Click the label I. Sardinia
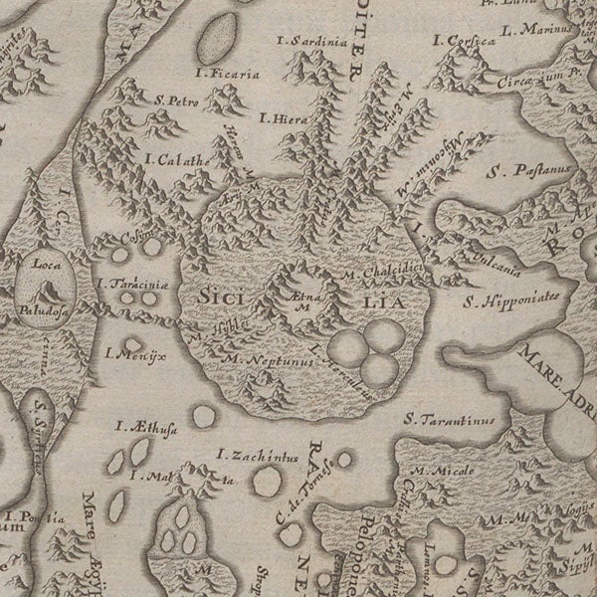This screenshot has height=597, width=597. tap(314, 43)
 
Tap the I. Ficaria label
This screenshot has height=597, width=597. tap(228, 74)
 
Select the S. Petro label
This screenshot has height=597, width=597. tap(178, 99)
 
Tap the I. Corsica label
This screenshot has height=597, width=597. tap(463, 41)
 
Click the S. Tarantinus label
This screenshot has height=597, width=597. tap(453, 420)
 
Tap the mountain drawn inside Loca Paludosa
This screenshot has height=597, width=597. tap(46, 291)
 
